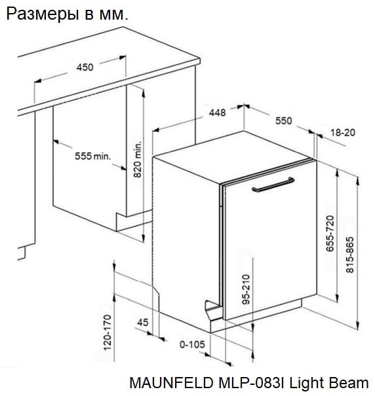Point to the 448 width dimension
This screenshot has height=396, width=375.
(x=217, y=113)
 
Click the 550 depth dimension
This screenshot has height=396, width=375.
(x=283, y=120)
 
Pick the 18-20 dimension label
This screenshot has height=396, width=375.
(x=342, y=132)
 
